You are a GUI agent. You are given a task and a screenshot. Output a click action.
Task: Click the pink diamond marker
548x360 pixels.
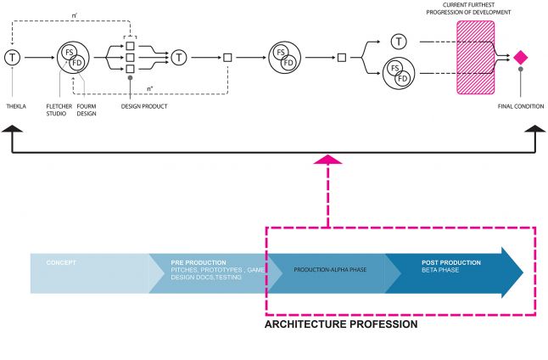pyautogui.click(x=521, y=57)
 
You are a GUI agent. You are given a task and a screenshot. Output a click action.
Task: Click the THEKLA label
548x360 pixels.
pyautogui.click(x=15, y=107)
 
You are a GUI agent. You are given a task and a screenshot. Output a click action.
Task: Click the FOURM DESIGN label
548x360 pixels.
pyautogui.click(x=87, y=110)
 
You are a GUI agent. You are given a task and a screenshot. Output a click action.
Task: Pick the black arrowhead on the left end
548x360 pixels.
pyautogui.click(x=13, y=130)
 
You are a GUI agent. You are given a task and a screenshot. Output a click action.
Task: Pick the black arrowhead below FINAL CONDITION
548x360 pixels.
pyautogui.click(x=534, y=130)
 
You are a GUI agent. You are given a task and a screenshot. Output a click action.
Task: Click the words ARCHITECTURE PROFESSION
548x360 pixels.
pyautogui.click(x=341, y=324)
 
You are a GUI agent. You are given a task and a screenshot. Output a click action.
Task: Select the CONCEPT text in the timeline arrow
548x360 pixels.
pyautogui.click(x=62, y=262)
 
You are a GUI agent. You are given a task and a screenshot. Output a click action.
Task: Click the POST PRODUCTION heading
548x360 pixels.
pyautogui.click(x=450, y=262)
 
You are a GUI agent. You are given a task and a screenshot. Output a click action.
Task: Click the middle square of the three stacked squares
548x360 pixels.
pyautogui.click(x=130, y=58)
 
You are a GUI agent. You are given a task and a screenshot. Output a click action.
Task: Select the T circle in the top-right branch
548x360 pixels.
pyautogui.click(x=399, y=41)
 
